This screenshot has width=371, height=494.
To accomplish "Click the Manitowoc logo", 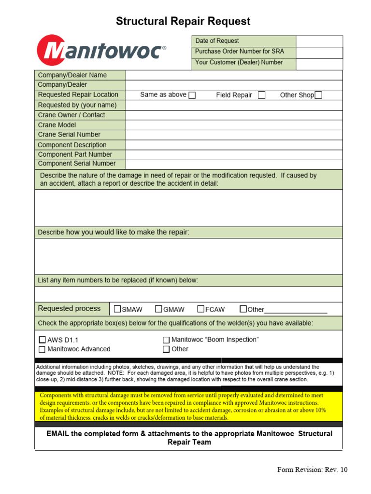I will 101,51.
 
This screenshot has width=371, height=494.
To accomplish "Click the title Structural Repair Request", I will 183,21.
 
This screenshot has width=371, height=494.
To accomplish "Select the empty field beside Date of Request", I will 319,41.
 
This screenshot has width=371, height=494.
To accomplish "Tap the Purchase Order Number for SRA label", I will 240,52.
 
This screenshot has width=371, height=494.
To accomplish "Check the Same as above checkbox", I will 192,95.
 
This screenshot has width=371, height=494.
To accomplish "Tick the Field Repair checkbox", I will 261,95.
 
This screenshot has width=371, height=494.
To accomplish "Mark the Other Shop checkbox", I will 318,95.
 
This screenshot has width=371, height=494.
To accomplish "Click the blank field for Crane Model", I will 234,125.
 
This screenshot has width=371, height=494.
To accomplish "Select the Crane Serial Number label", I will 69,135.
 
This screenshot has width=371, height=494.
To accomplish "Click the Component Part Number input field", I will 234,154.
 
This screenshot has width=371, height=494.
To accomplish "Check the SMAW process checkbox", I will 117,309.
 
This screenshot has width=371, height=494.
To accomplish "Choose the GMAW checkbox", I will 158,309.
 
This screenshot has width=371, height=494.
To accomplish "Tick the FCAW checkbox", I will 201,309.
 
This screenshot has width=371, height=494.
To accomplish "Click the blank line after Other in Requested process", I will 296,310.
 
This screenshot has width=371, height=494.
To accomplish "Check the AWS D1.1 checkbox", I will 42,340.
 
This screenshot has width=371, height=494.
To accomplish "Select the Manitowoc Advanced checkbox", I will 42,349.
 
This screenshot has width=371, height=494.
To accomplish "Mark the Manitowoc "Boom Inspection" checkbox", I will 166,340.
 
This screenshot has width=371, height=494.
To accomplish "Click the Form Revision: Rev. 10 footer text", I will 312,470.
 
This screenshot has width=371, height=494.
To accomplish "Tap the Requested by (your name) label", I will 77,105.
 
